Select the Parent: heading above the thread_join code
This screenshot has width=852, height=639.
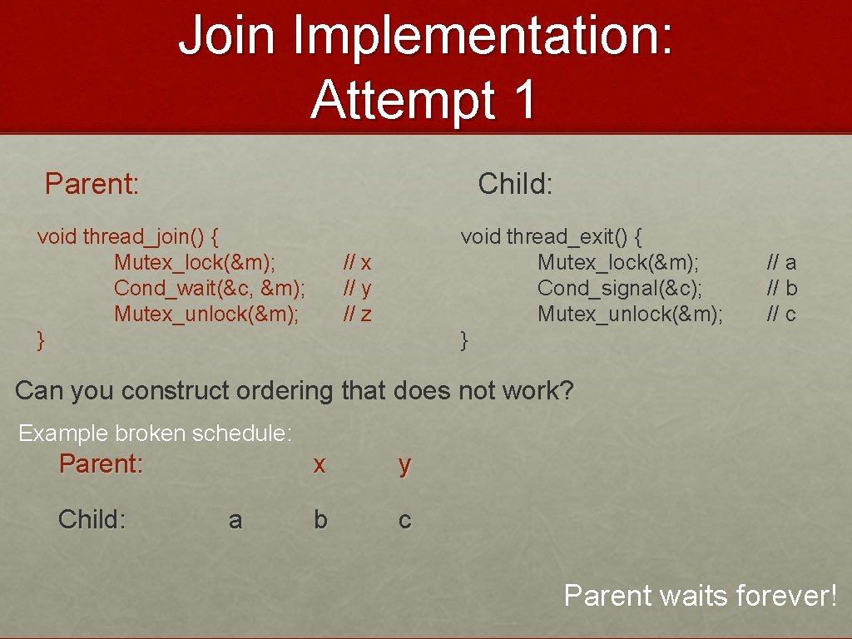92,183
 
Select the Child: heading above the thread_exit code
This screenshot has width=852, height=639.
515,183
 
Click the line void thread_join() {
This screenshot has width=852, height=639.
128,236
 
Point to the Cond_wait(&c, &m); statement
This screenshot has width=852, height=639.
210,288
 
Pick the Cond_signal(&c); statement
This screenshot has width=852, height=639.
620,288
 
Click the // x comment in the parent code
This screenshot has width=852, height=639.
357,263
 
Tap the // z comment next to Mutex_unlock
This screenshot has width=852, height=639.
357,315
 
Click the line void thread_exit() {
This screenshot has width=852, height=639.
552,236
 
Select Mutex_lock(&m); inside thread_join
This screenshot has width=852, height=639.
196,263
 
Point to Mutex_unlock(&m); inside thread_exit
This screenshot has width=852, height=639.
630,315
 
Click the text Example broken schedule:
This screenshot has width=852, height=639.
155,433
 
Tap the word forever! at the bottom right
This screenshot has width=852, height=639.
789,596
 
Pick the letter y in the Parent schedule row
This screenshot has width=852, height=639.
404,465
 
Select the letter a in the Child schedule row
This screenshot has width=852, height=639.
235,520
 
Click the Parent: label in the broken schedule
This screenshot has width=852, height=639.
101,463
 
